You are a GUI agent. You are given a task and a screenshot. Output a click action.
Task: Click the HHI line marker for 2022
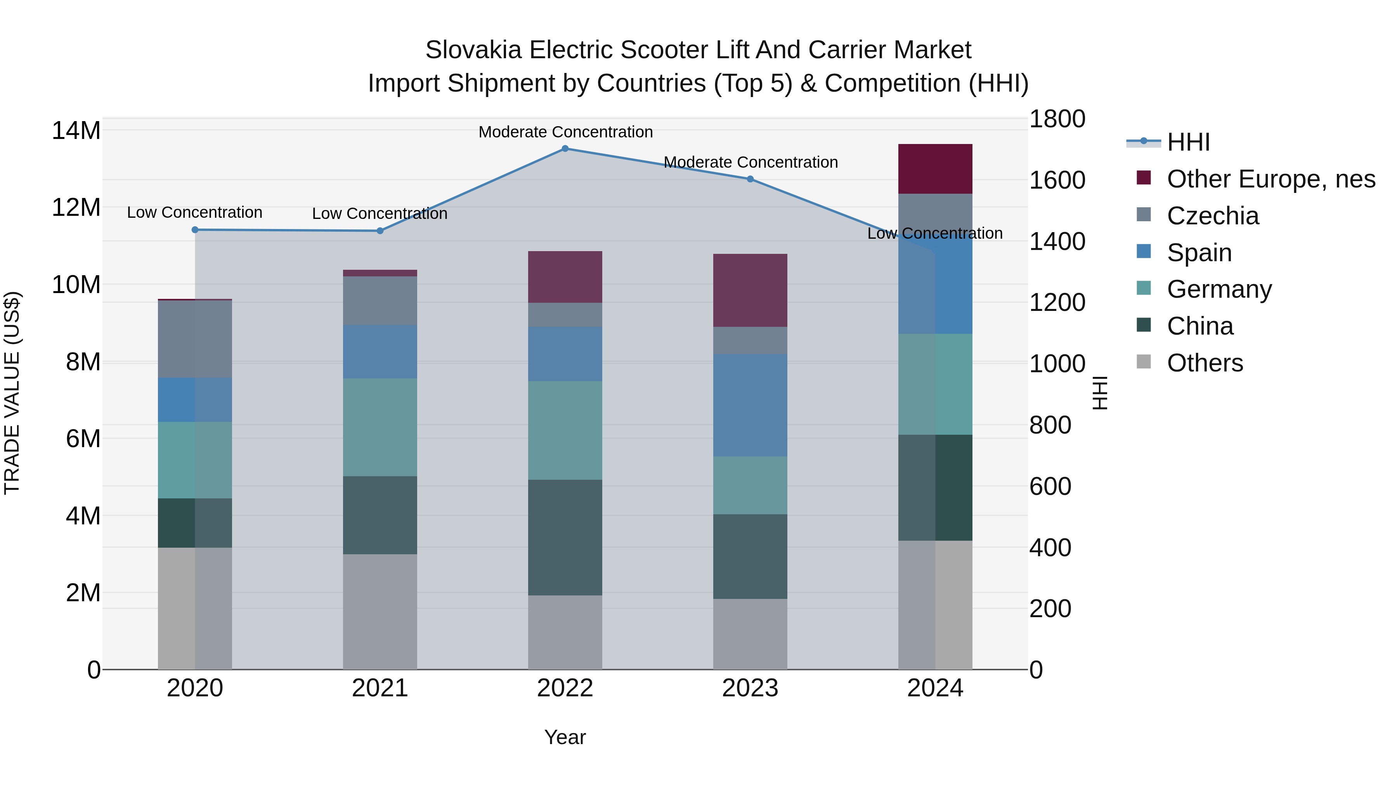coord(565,148)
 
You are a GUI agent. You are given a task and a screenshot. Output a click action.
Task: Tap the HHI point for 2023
coord(750,179)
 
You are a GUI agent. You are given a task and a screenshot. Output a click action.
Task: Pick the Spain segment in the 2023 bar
coord(750,405)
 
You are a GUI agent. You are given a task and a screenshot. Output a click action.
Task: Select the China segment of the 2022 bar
coord(565,537)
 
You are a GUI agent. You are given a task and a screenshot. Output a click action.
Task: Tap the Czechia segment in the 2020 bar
coord(195,338)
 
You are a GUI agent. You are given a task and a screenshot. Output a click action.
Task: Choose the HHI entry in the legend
coord(1188,142)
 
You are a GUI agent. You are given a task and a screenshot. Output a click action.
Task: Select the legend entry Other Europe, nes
coord(1270,179)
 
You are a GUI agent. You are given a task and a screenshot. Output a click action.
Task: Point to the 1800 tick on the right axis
coord(1057,119)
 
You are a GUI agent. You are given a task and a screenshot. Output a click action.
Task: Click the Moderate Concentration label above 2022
coord(565,132)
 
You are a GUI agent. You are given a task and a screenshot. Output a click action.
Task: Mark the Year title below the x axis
coord(565,737)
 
